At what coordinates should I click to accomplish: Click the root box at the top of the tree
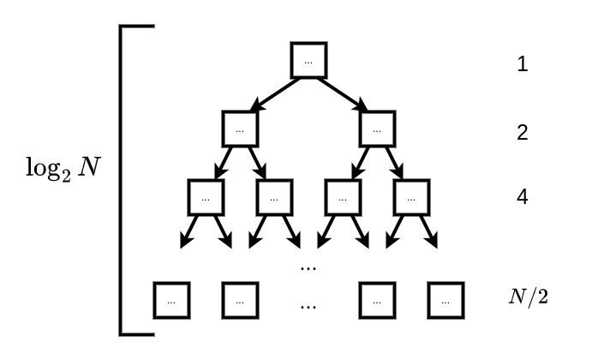(308, 60)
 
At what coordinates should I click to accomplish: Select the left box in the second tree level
(240, 129)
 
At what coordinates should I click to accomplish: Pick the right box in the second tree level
(377, 129)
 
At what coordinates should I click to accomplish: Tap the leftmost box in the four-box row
(206, 197)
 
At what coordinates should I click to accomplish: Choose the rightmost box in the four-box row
(411, 197)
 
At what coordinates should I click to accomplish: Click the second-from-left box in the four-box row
(274, 197)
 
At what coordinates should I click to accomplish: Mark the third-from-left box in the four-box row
(343, 197)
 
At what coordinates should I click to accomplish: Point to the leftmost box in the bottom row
(171, 299)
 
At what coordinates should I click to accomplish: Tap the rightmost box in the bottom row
(445, 299)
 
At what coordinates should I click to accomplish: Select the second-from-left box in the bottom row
(240, 299)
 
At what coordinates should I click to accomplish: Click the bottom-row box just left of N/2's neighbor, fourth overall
(377, 299)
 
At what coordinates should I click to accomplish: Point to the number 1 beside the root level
(522, 64)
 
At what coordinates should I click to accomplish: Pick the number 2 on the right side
(522, 133)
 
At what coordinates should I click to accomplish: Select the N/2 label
(527, 298)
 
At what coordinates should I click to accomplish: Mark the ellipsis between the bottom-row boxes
(308, 304)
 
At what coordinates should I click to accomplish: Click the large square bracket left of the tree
(122, 180)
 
